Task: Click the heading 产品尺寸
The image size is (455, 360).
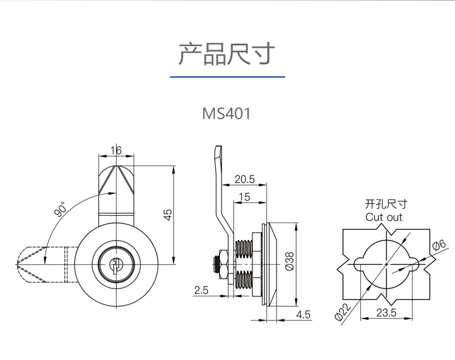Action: [x=227, y=54]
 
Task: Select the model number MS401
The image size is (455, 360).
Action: [x=227, y=113]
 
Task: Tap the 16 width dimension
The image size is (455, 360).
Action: [x=116, y=150]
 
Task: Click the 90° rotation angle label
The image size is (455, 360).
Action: [x=61, y=209]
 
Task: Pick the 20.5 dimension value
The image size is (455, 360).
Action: [x=244, y=179]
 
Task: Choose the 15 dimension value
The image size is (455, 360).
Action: [x=244, y=197]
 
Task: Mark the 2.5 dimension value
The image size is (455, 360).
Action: [x=201, y=290]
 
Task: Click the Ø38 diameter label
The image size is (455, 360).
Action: [x=289, y=262]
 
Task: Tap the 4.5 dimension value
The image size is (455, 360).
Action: [x=303, y=315]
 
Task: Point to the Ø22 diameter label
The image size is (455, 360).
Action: [x=343, y=312]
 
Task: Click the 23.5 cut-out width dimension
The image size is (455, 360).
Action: [x=386, y=313]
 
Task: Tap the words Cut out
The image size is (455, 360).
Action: [x=383, y=217]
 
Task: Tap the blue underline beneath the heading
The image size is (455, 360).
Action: [x=227, y=77]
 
